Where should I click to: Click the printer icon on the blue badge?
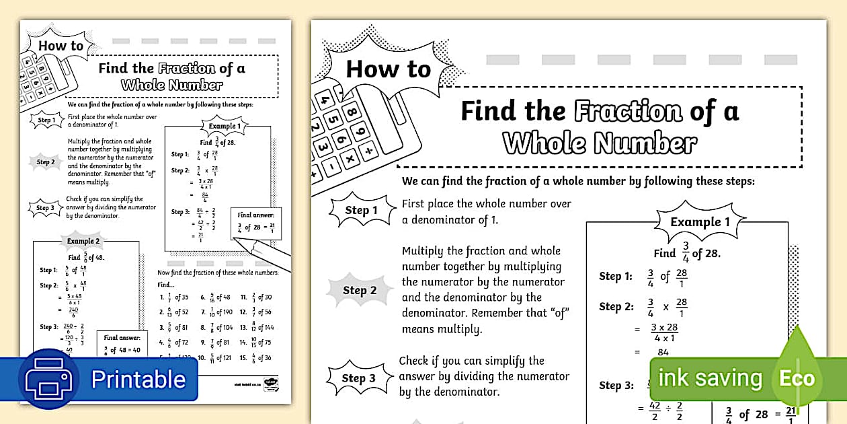tap(48, 378)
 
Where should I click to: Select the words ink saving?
tap(710, 378)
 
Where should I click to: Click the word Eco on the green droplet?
tap(797, 378)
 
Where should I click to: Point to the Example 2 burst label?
tap(83, 241)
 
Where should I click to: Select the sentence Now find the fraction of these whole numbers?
tap(217, 273)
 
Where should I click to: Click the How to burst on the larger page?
tap(388, 69)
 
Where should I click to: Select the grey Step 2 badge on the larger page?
tap(360, 290)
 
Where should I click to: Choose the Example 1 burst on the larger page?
tap(700, 222)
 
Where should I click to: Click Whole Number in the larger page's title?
tap(600, 143)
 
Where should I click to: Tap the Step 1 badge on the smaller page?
tap(46, 120)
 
